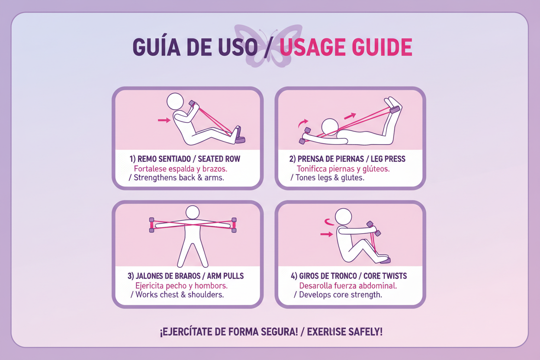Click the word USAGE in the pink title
(313, 47)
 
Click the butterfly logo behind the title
(268, 46)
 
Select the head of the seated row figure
(175, 102)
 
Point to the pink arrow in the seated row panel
(164, 120)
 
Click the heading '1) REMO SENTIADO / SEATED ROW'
(185, 159)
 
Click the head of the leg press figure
(330, 127)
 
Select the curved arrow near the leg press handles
(302, 123)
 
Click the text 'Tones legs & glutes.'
(330, 178)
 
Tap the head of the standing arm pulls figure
(193, 212)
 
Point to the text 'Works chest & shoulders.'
(180, 295)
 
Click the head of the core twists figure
(343, 216)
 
